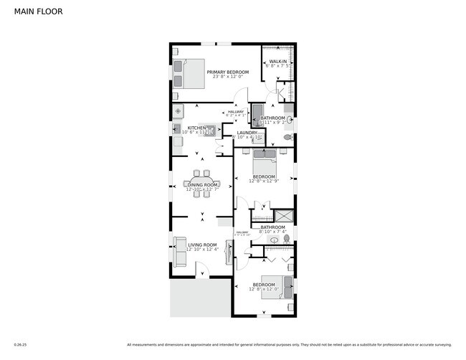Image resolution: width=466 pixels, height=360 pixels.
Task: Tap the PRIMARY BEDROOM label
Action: coord(227,72)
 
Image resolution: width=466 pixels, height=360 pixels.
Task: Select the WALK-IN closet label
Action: coord(277,62)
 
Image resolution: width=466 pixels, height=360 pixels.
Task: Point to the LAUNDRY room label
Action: coord(247,133)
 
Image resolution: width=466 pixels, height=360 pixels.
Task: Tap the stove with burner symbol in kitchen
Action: coord(178,111)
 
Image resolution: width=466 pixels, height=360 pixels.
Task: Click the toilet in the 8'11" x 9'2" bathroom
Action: coord(288,136)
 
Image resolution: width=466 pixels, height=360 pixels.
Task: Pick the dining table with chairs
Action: coord(202,184)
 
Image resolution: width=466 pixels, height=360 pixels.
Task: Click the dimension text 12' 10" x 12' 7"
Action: coord(202,190)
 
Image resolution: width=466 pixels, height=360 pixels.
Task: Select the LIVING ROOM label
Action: coord(202,245)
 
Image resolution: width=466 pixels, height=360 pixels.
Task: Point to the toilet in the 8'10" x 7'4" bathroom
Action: coord(286,238)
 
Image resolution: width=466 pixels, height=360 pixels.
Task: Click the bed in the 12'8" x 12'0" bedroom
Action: coord(277,285)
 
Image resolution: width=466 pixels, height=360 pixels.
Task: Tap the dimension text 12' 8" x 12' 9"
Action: coord(263,181)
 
